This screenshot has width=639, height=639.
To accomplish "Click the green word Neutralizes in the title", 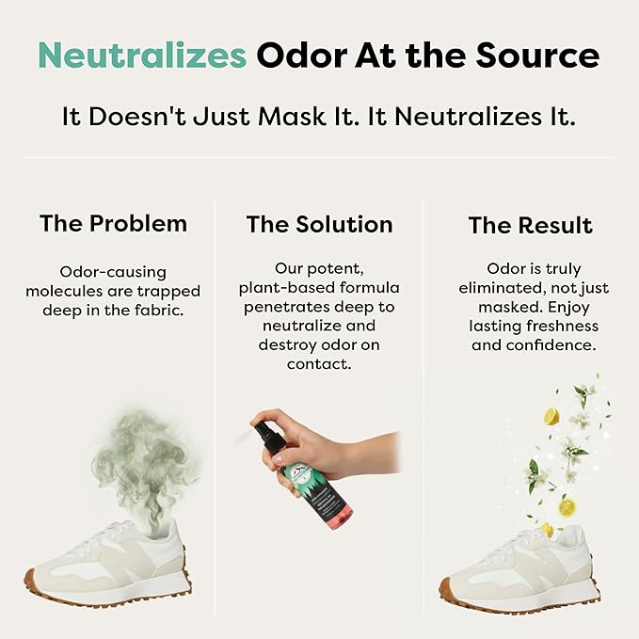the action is (x=142, y=56).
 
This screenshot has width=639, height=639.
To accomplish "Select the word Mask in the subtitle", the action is (x=292, y=117).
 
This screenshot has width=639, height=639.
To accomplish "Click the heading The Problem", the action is (x=113, y=223).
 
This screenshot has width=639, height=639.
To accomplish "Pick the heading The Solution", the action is (x=320, y=225).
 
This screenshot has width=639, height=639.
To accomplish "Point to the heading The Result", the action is (x=530, y=225).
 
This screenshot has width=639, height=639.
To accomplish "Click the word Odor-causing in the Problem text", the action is (x=113, y=272).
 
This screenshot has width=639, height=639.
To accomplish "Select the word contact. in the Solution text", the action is (x=319, y=364).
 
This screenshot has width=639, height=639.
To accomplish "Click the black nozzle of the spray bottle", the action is (x=265, y=435).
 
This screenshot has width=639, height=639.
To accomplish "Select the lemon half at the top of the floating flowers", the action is (x=551, y=417).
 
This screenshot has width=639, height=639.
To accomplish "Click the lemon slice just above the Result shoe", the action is (x=548, y=530).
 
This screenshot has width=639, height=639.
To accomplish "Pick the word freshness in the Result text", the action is (x=563, y=326).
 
